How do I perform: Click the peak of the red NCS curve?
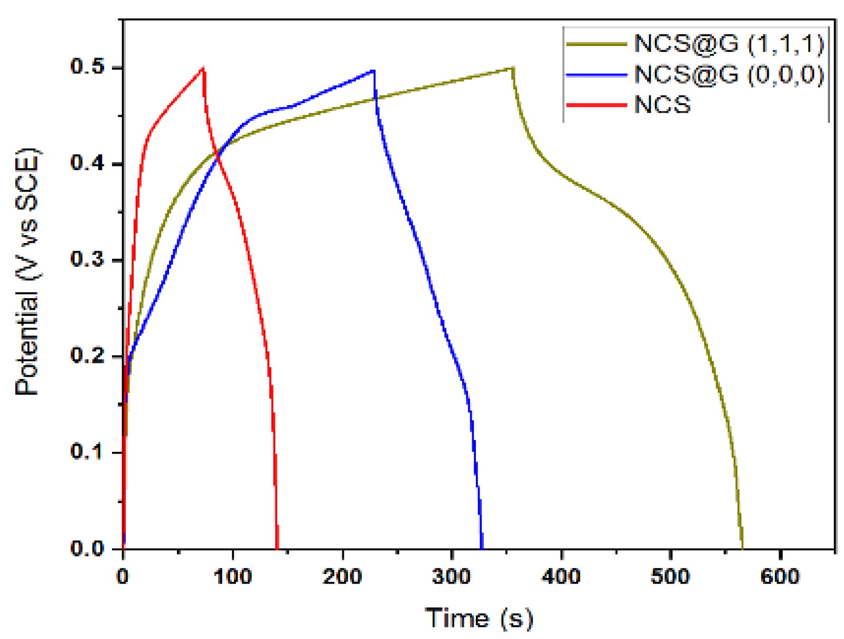[203, 68]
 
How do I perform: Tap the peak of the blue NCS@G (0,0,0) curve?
[373, 70]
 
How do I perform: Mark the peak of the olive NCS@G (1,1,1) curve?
[512, 68]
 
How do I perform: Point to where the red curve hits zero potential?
[277, 548]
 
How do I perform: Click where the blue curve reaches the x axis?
[482, 548]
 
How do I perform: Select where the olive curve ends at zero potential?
[742, 548]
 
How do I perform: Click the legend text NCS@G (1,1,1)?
[729, 44]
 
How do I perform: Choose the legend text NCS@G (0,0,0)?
[729, 75]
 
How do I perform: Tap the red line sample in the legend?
[596, 105]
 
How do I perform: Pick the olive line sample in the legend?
[596, 44]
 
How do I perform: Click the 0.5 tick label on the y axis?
[87, 67]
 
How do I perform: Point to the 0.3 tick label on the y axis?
[87, 260]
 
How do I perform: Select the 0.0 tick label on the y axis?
[87, 548]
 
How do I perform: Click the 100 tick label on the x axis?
[232, 577]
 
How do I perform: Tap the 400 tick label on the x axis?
[561, 577]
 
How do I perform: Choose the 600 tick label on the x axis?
[780, 577]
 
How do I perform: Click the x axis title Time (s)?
[479, 618]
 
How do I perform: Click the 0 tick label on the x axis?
[123, 577]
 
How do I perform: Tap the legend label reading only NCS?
[662, 105]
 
